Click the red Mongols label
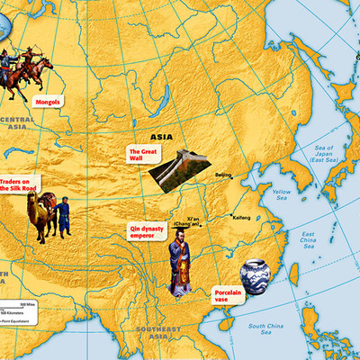pos(47,102)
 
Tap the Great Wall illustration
pos(179,168)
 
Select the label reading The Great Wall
pos(142,154)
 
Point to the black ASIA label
pos(160,137)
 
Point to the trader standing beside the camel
pos(64,218)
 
